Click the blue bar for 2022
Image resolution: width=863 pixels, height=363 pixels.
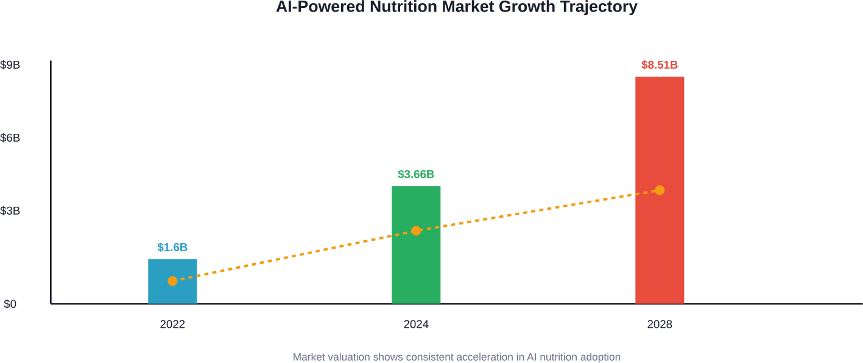point(172,292)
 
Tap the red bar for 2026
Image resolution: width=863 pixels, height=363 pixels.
point(660,243)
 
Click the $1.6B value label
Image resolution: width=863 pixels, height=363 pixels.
point(172,247)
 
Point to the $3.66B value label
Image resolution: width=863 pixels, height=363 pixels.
point(416,175)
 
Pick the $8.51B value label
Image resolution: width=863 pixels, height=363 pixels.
point(660,65)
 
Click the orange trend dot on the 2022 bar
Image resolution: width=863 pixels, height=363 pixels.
point(172,281)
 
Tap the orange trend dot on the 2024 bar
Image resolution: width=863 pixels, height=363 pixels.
point(416,230)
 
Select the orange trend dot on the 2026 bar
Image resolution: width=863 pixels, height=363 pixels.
point(660,190)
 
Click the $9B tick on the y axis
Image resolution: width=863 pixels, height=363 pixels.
point(10,65)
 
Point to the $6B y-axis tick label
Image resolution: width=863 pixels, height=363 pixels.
point(10,138)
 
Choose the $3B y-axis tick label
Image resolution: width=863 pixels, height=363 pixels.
point(10,211)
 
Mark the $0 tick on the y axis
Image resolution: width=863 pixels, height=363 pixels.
point(10,304)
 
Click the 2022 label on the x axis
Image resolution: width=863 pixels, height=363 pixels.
point(172,325)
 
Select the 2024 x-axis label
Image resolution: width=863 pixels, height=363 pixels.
point(416,325)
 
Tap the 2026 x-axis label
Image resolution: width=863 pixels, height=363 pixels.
point(660,325)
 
